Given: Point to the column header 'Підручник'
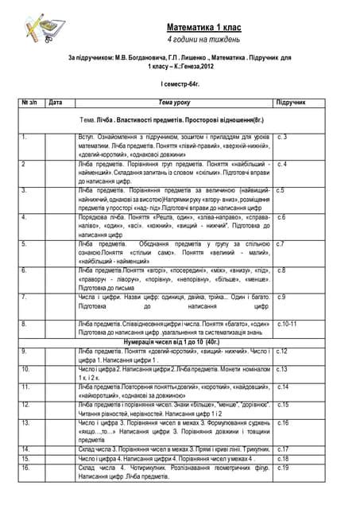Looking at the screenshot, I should click(x=290, y=103).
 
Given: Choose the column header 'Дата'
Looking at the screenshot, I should click(x=56, y=103).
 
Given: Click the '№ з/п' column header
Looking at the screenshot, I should click(x=29, y=103).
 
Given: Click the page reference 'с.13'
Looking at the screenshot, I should click(x=282, y=370).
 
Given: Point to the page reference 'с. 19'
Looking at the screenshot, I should click(x=283, y=468).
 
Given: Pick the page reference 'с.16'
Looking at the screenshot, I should click(x=282, y=423).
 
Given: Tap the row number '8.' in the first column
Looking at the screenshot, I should click(x=25, y=324).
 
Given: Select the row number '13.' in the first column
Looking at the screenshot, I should click(x=26, y=423).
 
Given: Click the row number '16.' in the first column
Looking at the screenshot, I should click(x=26, y=468).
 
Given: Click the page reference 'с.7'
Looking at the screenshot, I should click(x=281, y=243).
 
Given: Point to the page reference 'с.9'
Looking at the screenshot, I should click(x=281, y=297).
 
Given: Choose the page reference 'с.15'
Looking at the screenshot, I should click(x=282, y=405).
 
